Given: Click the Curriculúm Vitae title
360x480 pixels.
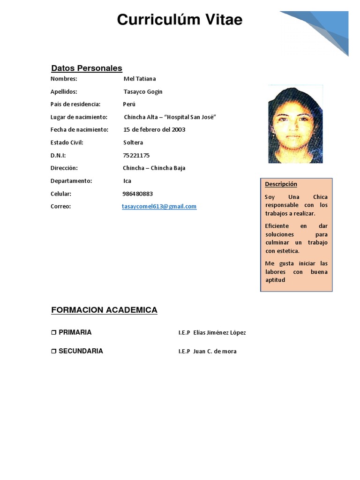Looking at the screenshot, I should pyautogui.click(x=180, y=20).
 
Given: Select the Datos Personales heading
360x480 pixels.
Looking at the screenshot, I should pyautogui.click(x=87, y=68).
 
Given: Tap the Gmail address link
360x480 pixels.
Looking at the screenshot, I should pyautogui.click(x=159, y=206).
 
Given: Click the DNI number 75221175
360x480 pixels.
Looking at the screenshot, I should pyautogui.click(x=136, y=155).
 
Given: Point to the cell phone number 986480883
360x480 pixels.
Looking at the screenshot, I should pyautogui.click(x=137, y=194).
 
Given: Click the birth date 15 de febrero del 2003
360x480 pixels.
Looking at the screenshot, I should pyautogui.click(x=154, y=129).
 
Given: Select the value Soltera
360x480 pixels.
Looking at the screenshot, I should pyautogui.click(x=133, y=142).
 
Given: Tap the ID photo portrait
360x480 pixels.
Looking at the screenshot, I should pyautogui.click(x=295, y=124).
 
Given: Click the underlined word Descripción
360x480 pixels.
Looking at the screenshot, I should pyautogui.click(x=281, y=184).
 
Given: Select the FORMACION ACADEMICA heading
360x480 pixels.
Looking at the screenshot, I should pyautogui.click(x=104, y=310).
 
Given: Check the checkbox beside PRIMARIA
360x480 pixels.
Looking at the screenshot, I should pyautogui.click(x=53, y=332).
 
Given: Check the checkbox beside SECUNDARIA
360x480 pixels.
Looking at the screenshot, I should pyautogui.click(x=53, y=351).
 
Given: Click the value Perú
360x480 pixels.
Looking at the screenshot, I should pyautogui.click(x=129, y=104).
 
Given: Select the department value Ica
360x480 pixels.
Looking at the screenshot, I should pyautogui.click(x=127, y=181).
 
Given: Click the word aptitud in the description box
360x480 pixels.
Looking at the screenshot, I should pyautogui.click(x=275, y=280).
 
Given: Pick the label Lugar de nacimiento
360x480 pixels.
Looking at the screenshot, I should pyautogui.click(x=79, y=117).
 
